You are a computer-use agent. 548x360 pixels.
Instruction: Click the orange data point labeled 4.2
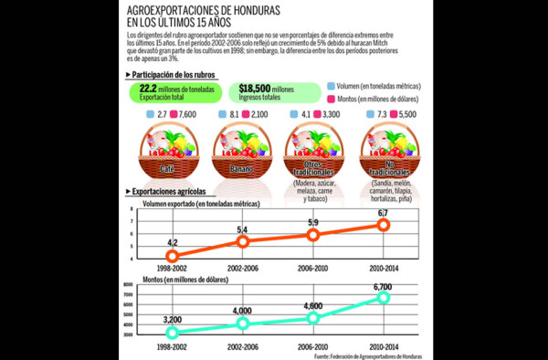(173, 256)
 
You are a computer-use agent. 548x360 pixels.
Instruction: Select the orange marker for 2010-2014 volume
(385, 225)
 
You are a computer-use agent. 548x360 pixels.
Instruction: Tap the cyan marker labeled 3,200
(173, 333)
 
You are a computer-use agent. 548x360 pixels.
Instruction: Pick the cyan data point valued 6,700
(385, 297)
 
